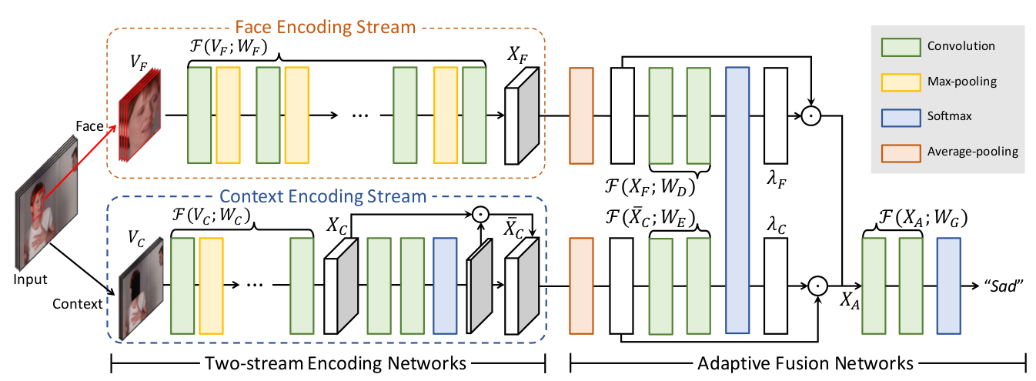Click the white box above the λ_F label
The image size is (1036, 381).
click(x=776, y=115)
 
